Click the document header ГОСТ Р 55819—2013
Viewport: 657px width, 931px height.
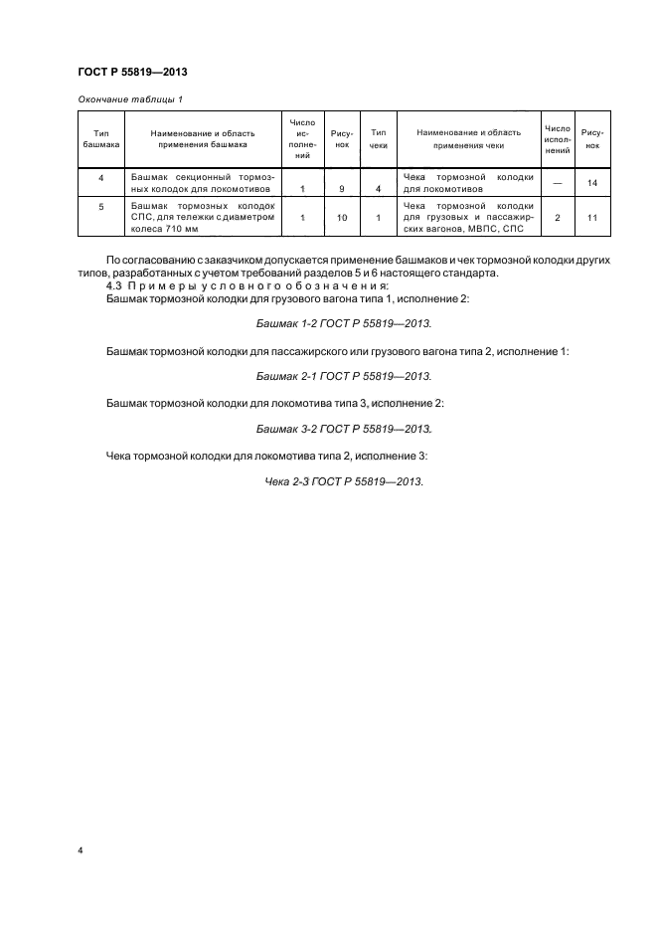132,73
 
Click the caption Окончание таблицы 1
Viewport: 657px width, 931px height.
129,99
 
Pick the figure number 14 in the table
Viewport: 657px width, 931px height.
592,183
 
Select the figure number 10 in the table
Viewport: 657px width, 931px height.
341,216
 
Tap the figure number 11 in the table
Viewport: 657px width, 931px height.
592,216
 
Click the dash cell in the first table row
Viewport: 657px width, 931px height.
557,183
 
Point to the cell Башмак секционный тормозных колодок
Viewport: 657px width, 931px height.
201,182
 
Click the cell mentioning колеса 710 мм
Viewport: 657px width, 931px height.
201,216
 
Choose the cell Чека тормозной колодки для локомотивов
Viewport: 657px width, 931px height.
468,182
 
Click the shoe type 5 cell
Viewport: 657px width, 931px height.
100,206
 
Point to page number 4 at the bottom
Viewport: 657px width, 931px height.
81,851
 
